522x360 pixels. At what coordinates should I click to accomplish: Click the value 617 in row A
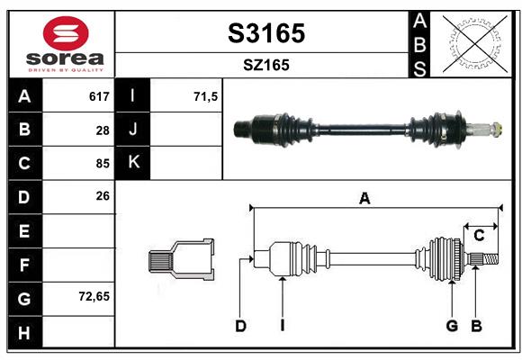[x=99, y=96]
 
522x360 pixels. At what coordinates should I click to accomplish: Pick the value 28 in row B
[x=102, y=130]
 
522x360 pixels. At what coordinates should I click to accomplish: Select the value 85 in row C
[x=102, y=164]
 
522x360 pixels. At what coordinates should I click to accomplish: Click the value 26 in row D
[x=102, y=196]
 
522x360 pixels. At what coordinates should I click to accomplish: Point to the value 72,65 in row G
[x=94, y=295]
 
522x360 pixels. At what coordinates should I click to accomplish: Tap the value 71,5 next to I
[x=206, y=96]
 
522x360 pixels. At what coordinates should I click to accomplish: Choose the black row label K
[x=133, y=163]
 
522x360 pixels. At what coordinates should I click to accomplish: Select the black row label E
[x=24, y=230]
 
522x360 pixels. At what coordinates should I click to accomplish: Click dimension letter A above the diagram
[x=364, y=199]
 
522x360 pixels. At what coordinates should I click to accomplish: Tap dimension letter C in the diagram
[x=479, y=235]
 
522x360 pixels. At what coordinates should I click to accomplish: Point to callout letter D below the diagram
[x=240, y=326]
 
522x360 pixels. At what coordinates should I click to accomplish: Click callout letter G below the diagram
[x=452, y=326]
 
